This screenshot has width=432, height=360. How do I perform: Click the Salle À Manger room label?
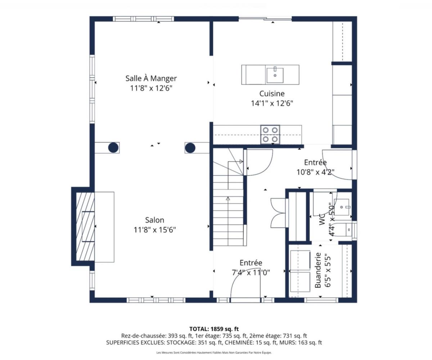[151, 78]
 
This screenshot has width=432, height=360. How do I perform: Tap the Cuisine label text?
[272, 94]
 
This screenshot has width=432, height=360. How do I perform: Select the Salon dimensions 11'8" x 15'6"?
[154, 230]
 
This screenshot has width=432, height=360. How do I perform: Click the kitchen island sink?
[275, 75]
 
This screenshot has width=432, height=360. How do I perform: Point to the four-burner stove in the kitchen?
[270, 134]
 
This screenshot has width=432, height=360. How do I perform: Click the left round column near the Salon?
[113, 147]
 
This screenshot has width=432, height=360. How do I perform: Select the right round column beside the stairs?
[190, 147]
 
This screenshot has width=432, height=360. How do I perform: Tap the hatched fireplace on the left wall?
[85, 226]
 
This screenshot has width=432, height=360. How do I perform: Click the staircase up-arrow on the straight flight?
[228, 199]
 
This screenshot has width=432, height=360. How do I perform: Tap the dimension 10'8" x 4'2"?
[315, 172]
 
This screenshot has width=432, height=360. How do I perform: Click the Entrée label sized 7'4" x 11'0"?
[251, 263]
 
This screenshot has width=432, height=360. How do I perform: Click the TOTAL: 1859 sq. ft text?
[214, 329]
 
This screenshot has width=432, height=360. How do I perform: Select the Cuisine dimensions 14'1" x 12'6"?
[272, 103]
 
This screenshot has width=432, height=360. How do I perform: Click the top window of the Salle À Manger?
[143, 19]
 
